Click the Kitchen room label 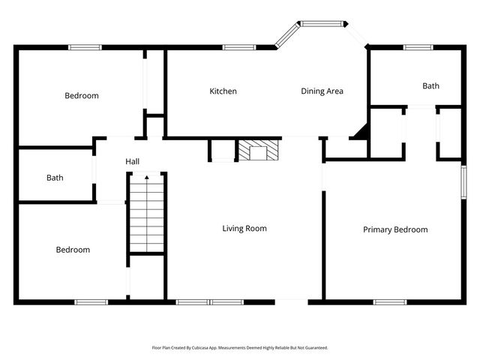(x=223, y=91)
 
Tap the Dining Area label (x=322, y=91)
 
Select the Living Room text (x=244, y=229)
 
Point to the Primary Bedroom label (x=395, y=229)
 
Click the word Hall (x=132, y=162)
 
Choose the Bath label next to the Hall (x=55, y=178)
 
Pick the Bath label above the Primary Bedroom (x=430, y=86)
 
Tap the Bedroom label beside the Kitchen (x=82, y=96)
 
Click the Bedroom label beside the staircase (x=73, y=250)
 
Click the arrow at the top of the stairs (x=146, y=178)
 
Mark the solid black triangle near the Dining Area (x=361, y=133)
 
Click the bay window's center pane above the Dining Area (x=322, y=24)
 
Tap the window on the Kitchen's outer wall (x=238, y=47)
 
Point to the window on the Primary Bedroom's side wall (x=463, y=183)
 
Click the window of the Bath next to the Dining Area (x=418, y=47)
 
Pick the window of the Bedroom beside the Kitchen (x=85, y=47)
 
